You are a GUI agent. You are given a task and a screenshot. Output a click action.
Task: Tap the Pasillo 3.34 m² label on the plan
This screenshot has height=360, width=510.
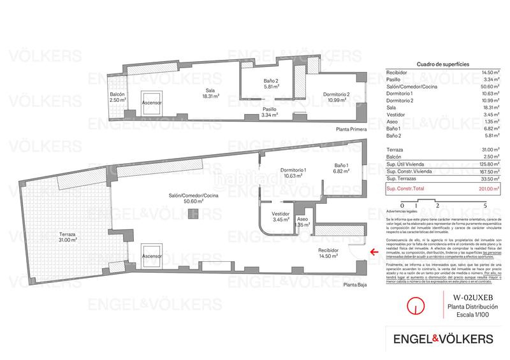click(270, 112)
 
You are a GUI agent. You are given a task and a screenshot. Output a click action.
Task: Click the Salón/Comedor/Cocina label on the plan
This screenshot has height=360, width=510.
click(199, 198)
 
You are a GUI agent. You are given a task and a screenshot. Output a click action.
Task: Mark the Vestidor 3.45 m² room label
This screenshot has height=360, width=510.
click(281, 217)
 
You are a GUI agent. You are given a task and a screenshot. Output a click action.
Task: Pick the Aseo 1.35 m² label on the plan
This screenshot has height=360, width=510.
click(302, 222)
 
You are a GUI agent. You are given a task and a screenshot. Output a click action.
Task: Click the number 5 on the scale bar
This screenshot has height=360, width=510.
click(486, 205)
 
